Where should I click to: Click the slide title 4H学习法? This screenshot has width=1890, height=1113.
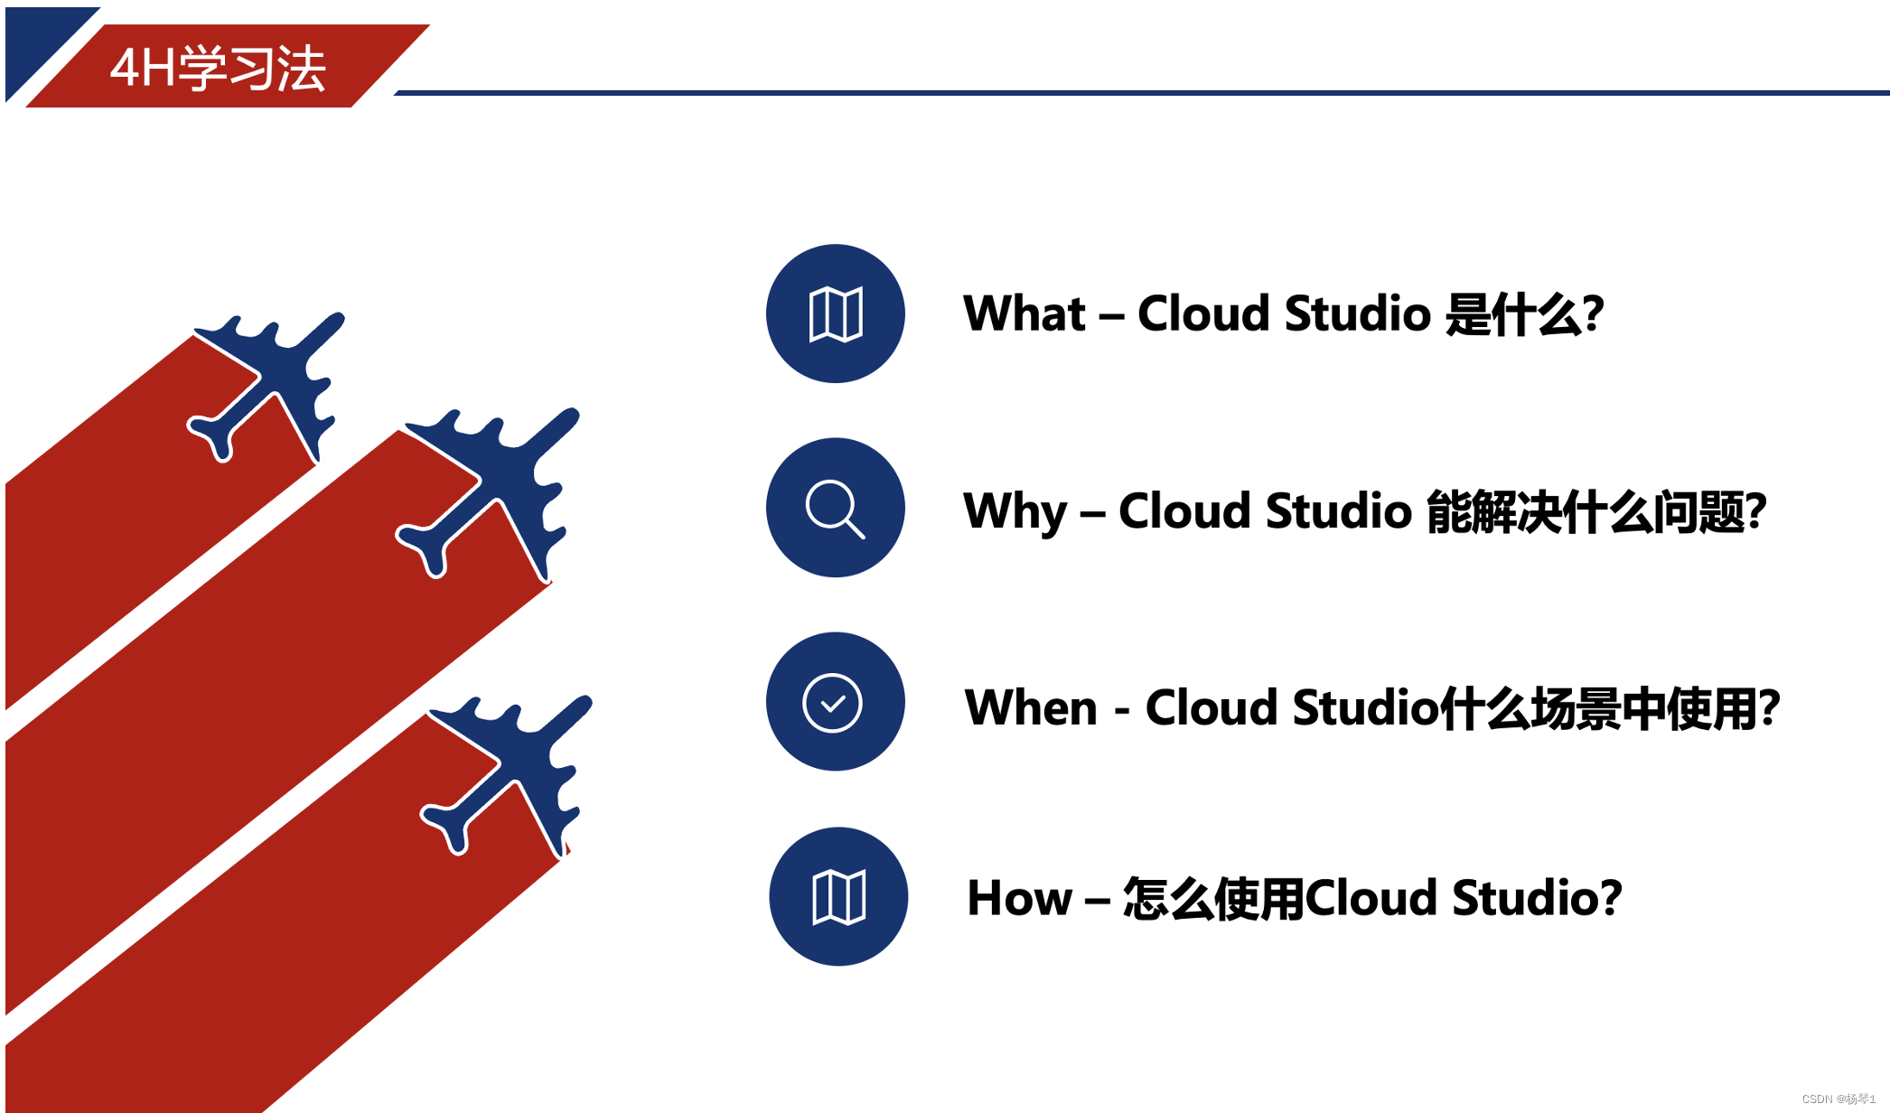217,68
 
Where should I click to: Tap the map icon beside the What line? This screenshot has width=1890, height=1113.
836,314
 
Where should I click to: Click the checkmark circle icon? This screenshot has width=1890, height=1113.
832,702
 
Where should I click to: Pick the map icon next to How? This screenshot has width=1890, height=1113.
838,897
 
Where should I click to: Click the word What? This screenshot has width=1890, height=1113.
1025,314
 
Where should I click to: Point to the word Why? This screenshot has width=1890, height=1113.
1015,511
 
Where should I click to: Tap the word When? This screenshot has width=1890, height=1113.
1031,707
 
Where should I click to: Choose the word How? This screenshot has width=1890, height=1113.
1019,899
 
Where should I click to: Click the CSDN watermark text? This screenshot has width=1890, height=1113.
1838,1099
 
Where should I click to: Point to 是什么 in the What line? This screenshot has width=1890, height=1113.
1523,314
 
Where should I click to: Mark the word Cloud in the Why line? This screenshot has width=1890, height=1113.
1184,511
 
